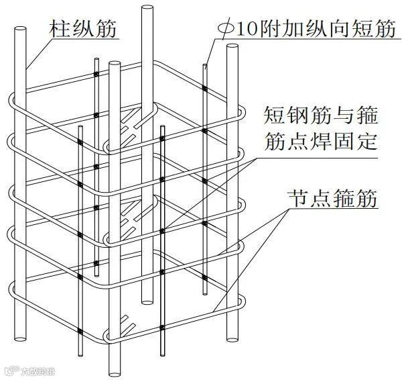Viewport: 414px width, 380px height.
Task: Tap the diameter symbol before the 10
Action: coord(226,30)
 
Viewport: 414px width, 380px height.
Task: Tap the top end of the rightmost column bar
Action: coord(232,48)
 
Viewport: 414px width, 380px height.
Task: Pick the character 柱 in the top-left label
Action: coord(58,29)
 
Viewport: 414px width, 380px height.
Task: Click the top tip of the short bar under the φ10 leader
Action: coord(205,65)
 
